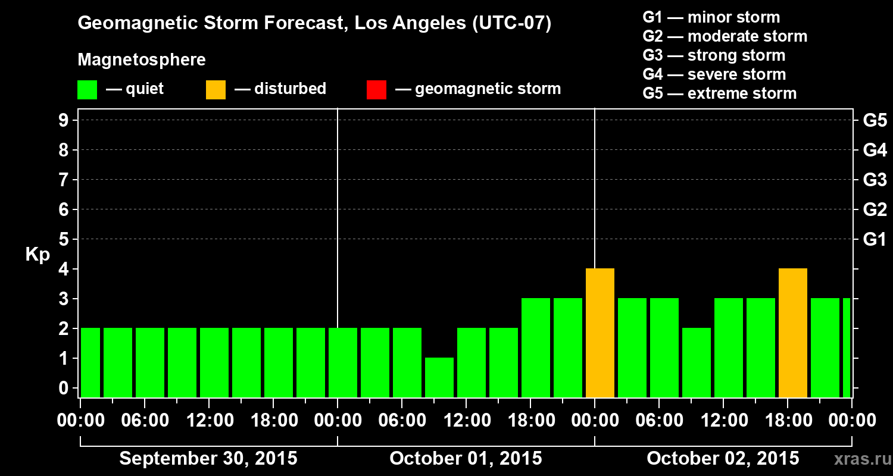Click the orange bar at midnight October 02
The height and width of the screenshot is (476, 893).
coord(600,333)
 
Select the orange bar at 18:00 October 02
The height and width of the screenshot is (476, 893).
coord(792,333)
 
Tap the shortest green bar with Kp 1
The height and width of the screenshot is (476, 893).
coord(439,377)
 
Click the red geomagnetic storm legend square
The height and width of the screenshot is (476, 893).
coord(376,89)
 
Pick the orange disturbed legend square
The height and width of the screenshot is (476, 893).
coord(216,89)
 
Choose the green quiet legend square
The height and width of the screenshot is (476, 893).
coord(87,89)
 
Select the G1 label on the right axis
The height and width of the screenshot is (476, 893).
coord(875,240)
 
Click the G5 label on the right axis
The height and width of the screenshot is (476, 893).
coord(875,121)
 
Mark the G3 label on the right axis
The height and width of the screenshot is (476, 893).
coord(875,180)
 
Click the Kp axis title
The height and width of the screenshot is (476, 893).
coord(38,255)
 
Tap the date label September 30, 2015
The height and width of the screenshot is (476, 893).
coord(208,459)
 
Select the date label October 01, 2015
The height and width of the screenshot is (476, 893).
coord(466,459)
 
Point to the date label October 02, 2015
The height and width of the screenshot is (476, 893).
coord(723,459)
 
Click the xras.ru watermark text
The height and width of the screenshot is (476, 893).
coord(858,459)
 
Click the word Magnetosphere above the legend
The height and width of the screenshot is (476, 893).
coord(142,60)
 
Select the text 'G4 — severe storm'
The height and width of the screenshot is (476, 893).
coord(714,74)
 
